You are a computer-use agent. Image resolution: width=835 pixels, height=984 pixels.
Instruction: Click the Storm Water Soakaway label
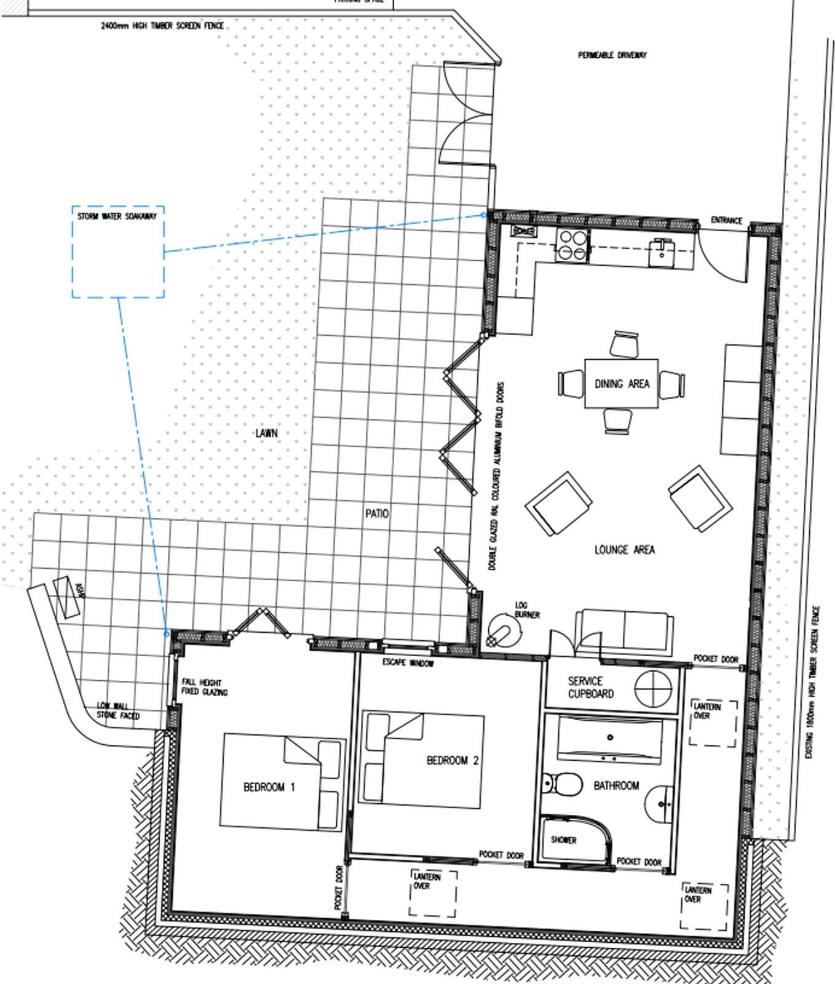(x=117, y=216)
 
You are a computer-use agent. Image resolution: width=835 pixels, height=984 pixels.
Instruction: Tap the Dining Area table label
(x=622, y=384)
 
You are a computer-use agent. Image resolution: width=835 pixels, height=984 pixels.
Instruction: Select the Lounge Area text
(x=624, y=550)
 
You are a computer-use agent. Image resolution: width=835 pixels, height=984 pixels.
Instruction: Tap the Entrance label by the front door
(x=726, y=220)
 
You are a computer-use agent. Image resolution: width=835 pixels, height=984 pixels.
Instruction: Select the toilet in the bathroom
(x=564, y=784)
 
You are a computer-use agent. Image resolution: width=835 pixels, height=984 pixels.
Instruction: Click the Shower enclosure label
(x=563, y=840)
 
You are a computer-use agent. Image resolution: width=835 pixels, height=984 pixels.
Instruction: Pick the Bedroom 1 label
(x=269, y=787)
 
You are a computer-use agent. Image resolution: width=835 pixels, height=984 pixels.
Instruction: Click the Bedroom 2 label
(x=453, y=761)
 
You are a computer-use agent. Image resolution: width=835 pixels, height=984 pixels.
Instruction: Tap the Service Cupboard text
(x=590, y=688)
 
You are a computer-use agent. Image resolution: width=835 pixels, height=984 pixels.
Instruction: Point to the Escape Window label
(x=408, y=663)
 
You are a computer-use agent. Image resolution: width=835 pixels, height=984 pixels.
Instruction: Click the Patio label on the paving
(x=377, y=513)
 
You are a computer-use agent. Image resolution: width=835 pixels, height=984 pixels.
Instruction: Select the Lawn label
(x=266, y=433)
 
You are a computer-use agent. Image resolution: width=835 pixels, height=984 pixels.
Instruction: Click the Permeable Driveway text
(x=612, y=55)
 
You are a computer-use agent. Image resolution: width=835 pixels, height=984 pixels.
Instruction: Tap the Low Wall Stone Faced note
(x=118, y=711)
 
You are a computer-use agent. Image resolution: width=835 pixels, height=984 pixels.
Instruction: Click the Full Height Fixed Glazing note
(x=204, y=688)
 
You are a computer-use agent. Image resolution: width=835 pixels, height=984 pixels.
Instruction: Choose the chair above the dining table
(x=625, y=343)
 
